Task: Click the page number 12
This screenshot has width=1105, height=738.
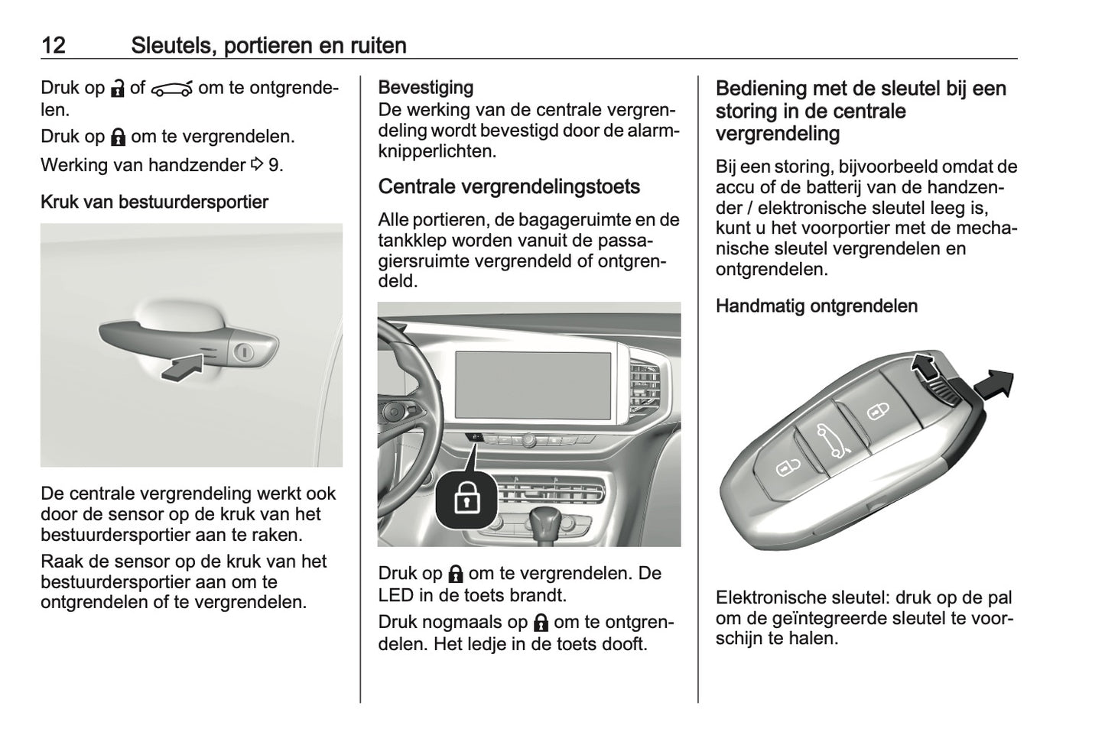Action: coord(53,45)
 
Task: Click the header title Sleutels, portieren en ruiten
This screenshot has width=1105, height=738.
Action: coord(268,45)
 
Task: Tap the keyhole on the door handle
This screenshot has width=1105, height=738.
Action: coord(245,351)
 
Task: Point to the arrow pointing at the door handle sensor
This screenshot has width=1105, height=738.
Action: coord(184,368)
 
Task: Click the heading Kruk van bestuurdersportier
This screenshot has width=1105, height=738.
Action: coord(154,202)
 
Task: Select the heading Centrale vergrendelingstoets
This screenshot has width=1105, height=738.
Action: coord(509,186)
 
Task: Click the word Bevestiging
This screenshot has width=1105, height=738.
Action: coord(425,88)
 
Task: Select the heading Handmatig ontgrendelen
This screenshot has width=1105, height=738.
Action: coord(816,306)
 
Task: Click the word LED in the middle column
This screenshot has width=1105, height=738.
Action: coord(395,594)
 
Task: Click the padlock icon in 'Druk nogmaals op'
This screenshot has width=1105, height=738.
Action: coord(541,622)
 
